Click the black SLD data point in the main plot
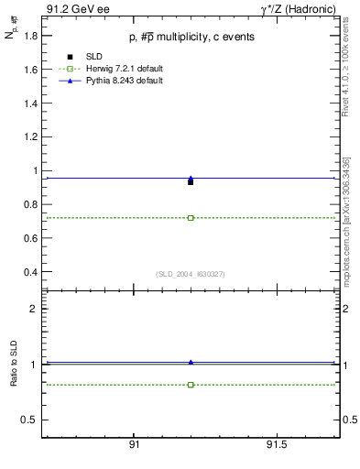click(x=191, y=182)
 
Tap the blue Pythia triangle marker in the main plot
click(x=191, y=179)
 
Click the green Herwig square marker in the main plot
click(x=191, y=218)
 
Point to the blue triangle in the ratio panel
click(x=191, y=362)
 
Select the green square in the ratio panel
click(x=191, y=385)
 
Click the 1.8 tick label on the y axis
click(x=28, y=36)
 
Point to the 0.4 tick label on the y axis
click(x=28, y=272)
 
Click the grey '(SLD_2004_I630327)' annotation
click(x=191, y=274)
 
